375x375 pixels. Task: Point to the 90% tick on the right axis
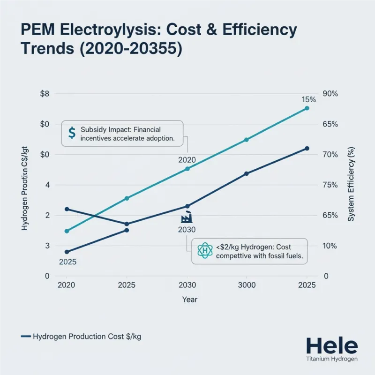[330, 94]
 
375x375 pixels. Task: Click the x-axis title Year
[190, 300]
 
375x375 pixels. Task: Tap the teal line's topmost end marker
[307, 108]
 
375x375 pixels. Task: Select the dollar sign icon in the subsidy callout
[72, 133]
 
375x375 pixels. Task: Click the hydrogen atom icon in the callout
[205, 251]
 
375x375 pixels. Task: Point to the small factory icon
[186, 218]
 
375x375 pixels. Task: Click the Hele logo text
[331, 345]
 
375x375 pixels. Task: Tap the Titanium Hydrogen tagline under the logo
[331, 359]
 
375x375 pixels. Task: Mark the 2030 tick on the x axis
[187, 285]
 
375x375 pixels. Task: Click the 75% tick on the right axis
[330, 185]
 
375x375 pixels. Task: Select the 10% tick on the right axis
[330, 246]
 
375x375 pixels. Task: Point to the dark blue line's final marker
[307, 149]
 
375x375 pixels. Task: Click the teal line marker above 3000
[247, 140]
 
